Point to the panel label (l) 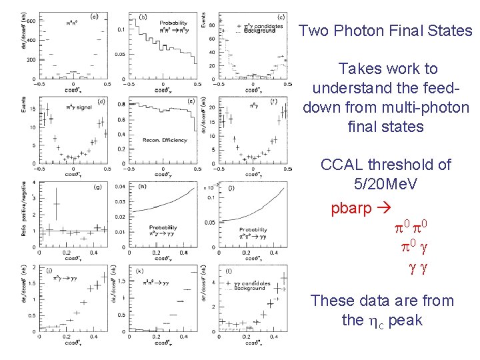(x=228, y=271)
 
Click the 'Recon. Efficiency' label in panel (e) (x=163, y=139)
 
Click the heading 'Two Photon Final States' (x=386, y=31)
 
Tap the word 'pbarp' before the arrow (x=351, y=209)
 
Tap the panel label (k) (x=138, y=271)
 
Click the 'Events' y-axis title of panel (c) (x=203, y=21)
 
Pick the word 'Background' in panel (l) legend (x=252, y=289)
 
